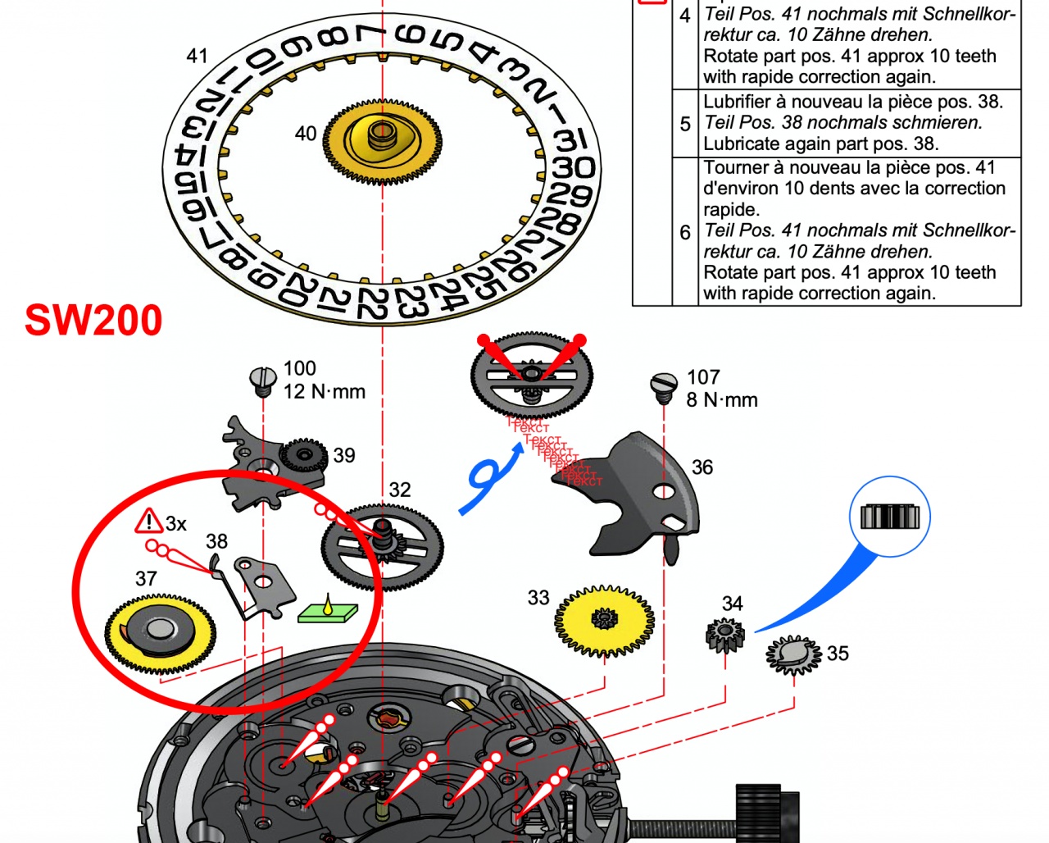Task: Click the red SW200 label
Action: [93, 320]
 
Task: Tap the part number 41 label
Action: [197, 56]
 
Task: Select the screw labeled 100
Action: [261, 379]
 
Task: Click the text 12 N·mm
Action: [325, 392]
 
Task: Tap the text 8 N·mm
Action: [722, 400]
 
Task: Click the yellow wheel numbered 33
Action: [605, 621]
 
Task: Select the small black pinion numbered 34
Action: [725, 636]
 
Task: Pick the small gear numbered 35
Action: [792, 654]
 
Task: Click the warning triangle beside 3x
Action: [149, 521]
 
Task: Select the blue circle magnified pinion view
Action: [890, 517]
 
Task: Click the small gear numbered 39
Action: [304, 455]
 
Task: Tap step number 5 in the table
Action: [685, 123]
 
